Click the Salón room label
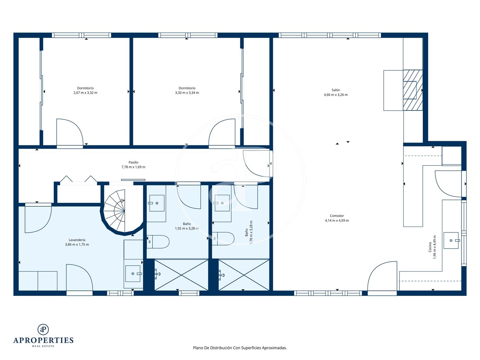tap(335, 90)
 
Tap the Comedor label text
tap(337, 216)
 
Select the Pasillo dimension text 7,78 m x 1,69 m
tap(133, 167)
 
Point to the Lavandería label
tap(77, 240)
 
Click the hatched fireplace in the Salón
tap(413, 90)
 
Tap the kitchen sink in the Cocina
tap(451, 240)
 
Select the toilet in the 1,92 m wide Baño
tap(158, 242)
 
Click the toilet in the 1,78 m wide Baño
tap(223, 239)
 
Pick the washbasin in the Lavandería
tap(133, 274)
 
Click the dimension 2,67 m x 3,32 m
tap(85, 93)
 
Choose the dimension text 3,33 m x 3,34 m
tap(187, 93)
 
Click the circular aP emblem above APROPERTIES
tap(43, 329)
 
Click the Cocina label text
tap(430, 247)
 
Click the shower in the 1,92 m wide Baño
tap(181, 275)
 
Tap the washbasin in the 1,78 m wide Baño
tap(222, 203)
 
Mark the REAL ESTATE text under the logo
tap(43, 346)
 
